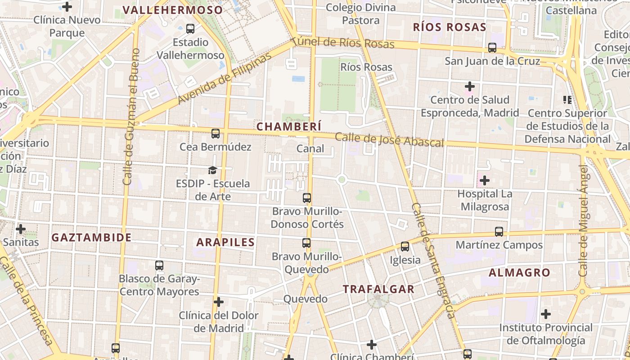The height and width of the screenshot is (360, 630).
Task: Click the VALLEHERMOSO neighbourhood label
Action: pyautogui.click(x=173, y=10)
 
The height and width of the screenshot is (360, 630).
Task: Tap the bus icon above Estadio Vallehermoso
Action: pyautogui.click(x=190, y=29)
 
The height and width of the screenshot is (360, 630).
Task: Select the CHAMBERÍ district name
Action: pyautogui.click(x=289, y=127)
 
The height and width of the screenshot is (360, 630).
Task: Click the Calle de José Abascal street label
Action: pyautogui.click(x=389, y=140)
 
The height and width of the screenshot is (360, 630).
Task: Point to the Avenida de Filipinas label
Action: pyautogui.click(x=225, y=78)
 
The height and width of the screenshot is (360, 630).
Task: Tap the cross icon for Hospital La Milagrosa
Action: pyautogui.click(x=485, y=181)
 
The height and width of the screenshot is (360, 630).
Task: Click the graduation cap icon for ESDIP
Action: pyautogui.click(x=212, y=170)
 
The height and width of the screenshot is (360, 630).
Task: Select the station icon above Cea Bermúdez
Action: pyautogui.click(x=216, y=134)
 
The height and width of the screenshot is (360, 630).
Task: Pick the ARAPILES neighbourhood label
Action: pyautogui.click(x=225, y=242)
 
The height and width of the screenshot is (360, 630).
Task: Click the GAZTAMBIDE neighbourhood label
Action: pyautogui.click(x=91, y=238)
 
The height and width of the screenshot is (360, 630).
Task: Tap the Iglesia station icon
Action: pyautogui.click(x=405, y=247)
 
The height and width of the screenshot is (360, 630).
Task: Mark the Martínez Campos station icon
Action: pyautogui.click(x=499, y=232)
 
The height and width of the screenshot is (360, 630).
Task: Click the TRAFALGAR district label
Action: pyautogui.click(x=378, y=289)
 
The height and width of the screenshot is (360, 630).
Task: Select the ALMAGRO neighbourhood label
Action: pyautogui.click(x=519, y=273)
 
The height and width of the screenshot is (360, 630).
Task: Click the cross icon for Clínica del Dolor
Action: pyautogui.click(x=219, y=301)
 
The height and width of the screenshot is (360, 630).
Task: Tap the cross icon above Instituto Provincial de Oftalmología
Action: pyautogui.click(x=546, y=314)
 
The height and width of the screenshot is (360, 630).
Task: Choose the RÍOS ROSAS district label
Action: pyautogui.click(x=450, y=27)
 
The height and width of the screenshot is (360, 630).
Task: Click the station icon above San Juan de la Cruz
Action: pyautogui.click(x=492, y=47)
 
